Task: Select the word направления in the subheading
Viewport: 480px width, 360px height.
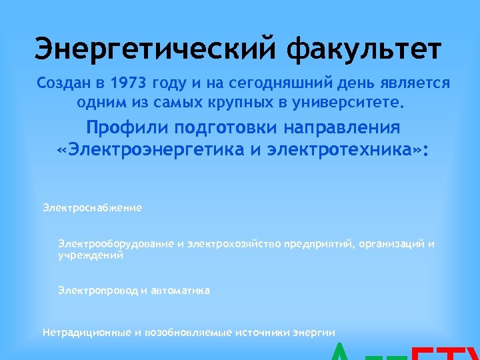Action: [x=343, y=128]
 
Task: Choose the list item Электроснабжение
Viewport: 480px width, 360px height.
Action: [x=92, y=208]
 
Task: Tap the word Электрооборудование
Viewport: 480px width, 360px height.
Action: [x=116, y=244]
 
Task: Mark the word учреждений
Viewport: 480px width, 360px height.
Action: [x=91, y=255]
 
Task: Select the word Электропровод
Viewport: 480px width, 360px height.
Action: [x=98, y=291]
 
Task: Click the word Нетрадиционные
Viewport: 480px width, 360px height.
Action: [x=78, y=332]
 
